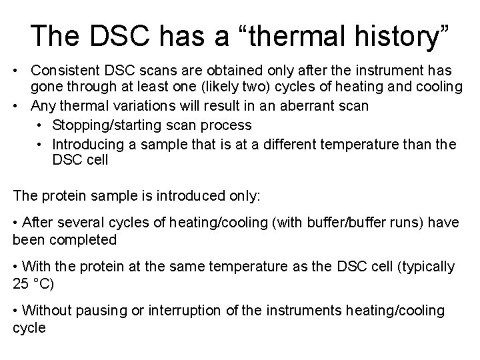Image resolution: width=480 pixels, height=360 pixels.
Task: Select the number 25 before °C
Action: click(21, 284)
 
